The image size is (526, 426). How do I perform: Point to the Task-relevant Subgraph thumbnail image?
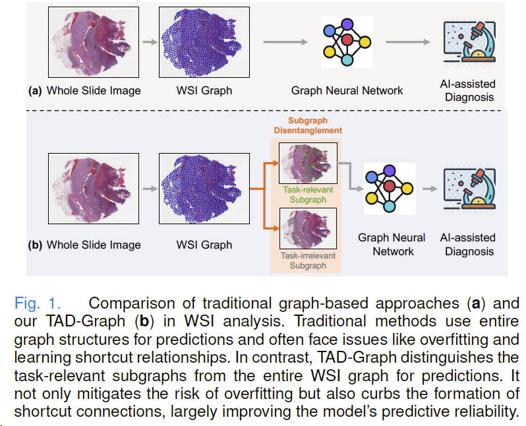pos(308,163)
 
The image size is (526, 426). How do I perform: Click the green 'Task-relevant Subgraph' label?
pos(308,195)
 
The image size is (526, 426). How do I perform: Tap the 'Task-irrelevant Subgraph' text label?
pos(308,260)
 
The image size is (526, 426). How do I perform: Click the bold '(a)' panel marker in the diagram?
pos(35,91)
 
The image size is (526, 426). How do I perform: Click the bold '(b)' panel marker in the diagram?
pos(35,245)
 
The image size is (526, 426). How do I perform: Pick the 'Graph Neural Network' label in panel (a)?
pos(347,91)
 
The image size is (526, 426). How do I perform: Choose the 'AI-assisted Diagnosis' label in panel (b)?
pos(469,245)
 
